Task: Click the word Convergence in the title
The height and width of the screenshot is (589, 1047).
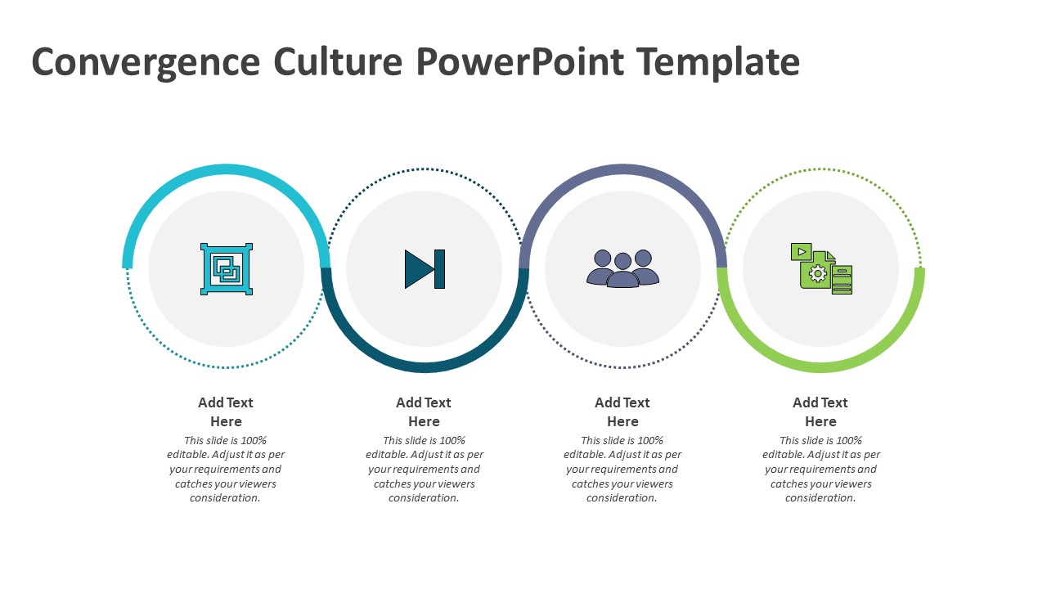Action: pos(146,62)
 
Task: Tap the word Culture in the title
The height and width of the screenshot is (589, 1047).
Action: pos(338,61)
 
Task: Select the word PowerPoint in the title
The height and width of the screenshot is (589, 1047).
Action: pos(519,61)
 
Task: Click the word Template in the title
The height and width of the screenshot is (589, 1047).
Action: pos(718,62)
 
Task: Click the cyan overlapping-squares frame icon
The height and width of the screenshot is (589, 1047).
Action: pos(227,269)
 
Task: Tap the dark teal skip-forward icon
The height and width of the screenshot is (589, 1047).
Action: pos(425,269)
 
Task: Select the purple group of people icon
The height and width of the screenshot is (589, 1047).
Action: pos(622,268)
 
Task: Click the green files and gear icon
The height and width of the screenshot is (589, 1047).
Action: pos(821,269)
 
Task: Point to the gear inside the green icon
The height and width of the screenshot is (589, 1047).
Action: pos(817,274)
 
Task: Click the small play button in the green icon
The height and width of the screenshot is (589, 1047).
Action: pos(802,251)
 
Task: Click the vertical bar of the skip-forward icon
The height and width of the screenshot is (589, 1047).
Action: pos(440,269)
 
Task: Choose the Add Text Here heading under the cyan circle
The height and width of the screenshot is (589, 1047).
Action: pos(226,411)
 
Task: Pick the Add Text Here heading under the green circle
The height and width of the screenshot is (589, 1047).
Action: pos(820,411)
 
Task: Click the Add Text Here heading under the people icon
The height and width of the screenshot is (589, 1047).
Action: pos(622,411)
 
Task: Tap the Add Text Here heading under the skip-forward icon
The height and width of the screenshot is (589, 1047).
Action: pos(424,411)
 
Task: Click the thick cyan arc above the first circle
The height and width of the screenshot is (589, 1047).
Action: pos(227,169)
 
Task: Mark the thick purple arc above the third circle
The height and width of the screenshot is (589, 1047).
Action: pos(622,169)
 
